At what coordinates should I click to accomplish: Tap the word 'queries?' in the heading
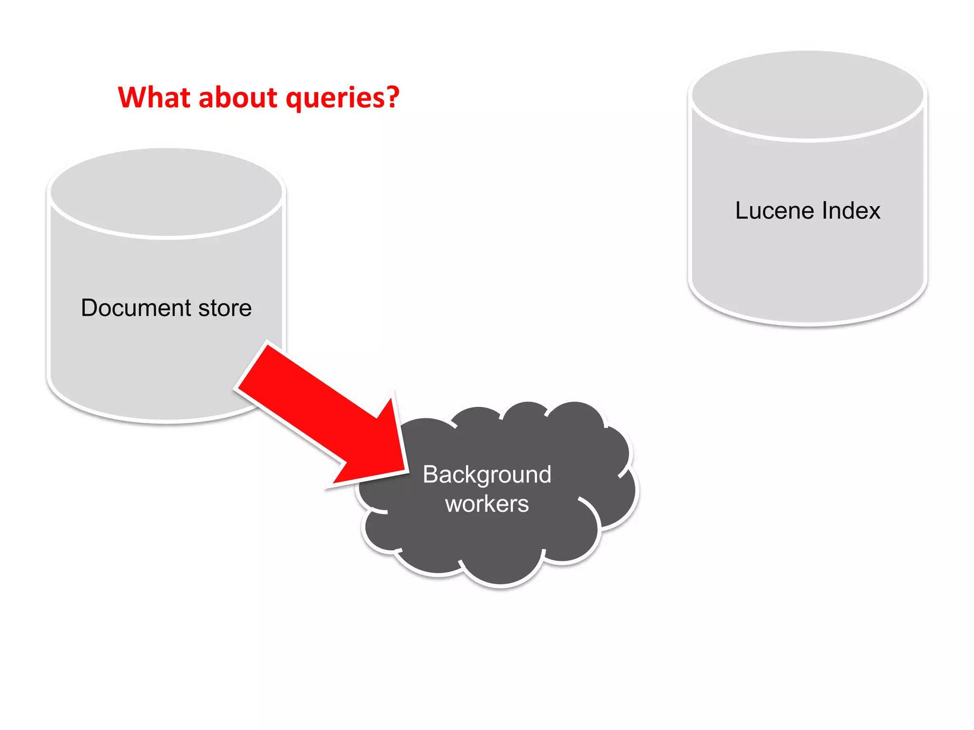342,98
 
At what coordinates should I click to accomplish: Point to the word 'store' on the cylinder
225,308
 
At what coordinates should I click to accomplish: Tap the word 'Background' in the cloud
487,475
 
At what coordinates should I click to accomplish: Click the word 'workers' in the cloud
487,504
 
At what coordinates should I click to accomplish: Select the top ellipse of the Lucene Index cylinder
808,95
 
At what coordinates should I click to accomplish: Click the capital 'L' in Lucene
741,211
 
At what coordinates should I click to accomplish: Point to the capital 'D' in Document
89,308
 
